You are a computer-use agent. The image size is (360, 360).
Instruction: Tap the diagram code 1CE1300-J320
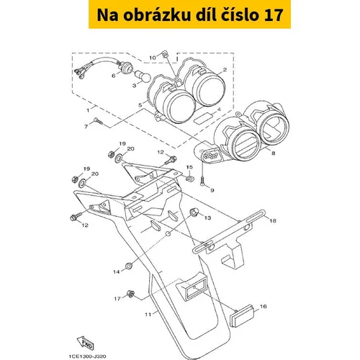pos(87,356)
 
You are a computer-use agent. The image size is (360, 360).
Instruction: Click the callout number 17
pos(117,299)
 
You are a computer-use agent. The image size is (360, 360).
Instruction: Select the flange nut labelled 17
pos(131,294)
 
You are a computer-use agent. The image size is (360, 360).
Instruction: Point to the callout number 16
pos(264,307)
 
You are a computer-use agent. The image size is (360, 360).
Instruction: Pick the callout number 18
pos(273,220)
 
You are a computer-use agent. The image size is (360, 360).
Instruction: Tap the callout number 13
pos(207,217)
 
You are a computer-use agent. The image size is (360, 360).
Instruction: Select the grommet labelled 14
pos(130,266)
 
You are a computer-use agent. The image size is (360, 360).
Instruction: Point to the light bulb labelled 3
pos(143,76)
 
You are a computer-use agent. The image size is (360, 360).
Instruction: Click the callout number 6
pos(114,76)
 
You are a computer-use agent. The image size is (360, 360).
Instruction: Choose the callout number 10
pos(153,58)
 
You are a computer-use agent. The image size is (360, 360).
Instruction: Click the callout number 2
pos(225,70)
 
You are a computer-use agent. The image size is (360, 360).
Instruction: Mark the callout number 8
pos(274,153)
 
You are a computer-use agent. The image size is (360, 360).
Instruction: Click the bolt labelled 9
pos(202,181)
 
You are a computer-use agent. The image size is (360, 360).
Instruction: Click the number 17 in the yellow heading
pos(274,15)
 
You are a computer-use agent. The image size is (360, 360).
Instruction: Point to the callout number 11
pos(148,315)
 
